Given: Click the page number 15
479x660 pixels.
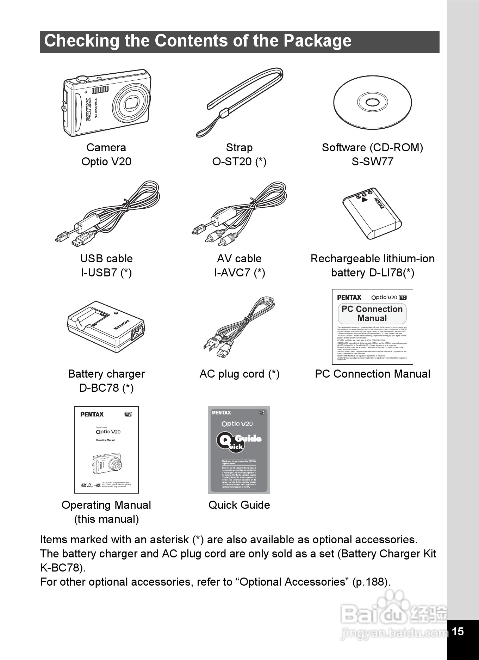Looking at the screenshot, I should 458,631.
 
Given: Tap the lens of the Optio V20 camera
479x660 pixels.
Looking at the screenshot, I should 132,103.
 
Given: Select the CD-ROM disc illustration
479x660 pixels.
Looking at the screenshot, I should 372,103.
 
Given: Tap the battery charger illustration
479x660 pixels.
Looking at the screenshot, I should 106,326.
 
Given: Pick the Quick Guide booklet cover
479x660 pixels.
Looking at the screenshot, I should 239,450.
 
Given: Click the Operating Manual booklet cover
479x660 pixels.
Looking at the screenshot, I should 106,450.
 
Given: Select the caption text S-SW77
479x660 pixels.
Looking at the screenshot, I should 372,162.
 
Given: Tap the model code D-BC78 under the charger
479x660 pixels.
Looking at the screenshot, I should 99,388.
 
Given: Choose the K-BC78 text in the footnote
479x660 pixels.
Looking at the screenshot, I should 61,568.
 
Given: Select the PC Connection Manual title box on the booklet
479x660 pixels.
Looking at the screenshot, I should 372,313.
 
